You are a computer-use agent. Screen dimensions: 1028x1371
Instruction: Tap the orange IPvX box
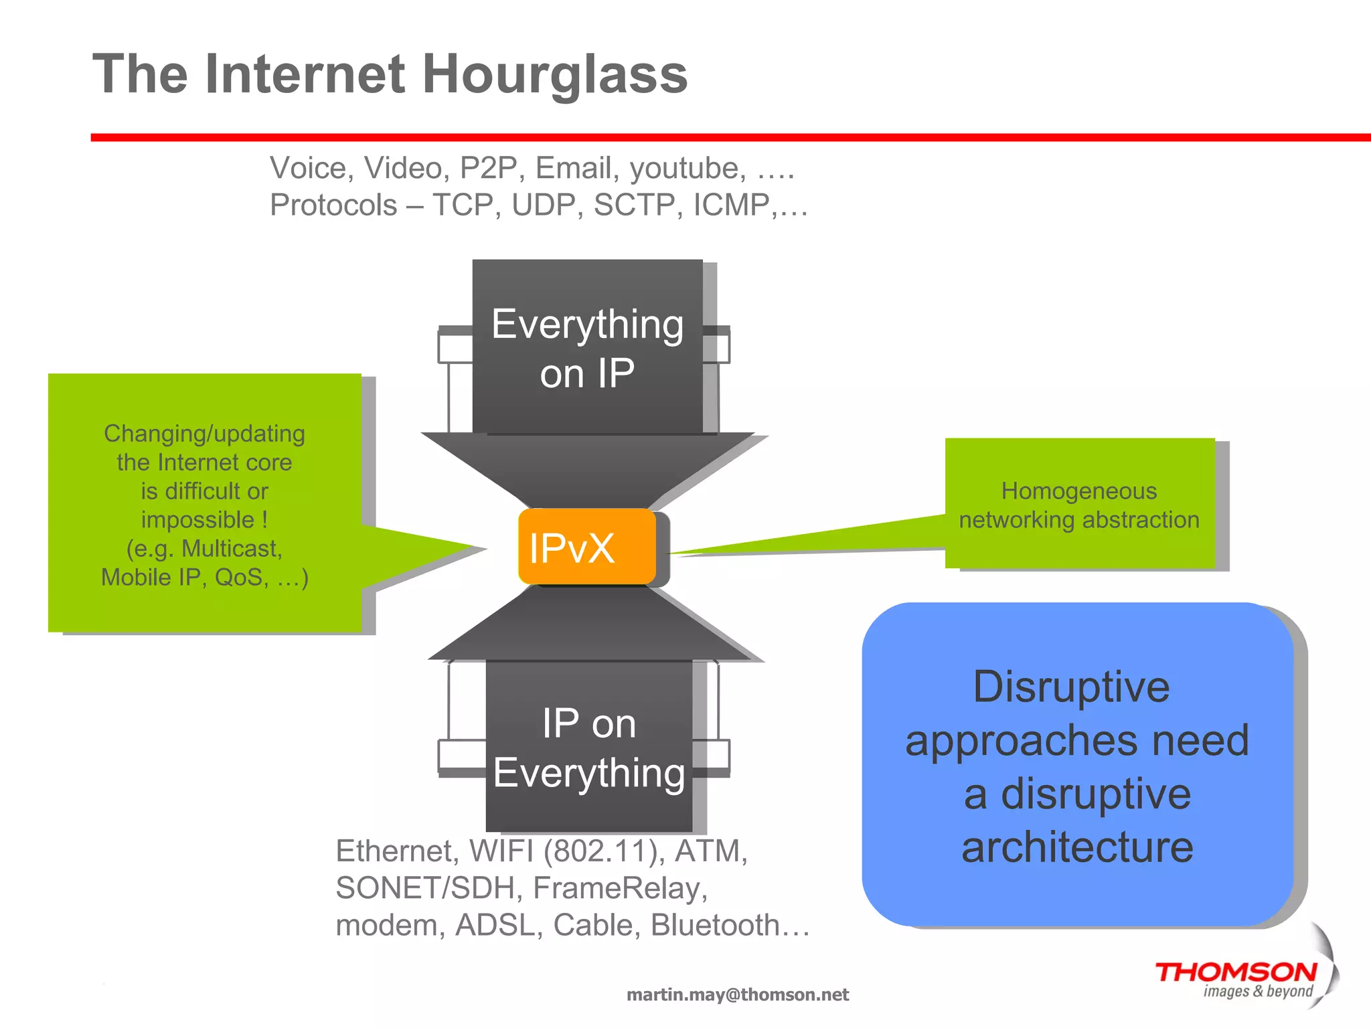coord(586,547)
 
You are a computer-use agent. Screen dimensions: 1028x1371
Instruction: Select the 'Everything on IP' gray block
coord(587,347)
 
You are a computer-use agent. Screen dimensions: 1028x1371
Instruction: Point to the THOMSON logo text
coord(1236,972)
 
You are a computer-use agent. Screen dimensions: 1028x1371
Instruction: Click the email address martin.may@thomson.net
coord(737,995)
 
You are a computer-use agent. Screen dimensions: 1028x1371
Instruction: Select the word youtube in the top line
coord(687,168)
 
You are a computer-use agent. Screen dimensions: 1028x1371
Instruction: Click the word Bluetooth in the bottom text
coord(715,925)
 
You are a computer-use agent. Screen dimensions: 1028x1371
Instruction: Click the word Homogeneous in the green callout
coord(1078,491)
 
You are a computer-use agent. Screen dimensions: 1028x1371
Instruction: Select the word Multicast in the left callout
coord(232,549)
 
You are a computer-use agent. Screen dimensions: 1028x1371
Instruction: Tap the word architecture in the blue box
coord(1077,847)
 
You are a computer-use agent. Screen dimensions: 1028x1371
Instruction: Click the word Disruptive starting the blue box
coord(1071,687)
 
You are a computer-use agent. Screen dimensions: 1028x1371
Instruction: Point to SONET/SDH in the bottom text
coord(428,888)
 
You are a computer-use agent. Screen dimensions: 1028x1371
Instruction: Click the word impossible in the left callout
coord(197,520)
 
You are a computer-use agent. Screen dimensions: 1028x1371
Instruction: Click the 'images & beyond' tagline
coord(1258,991)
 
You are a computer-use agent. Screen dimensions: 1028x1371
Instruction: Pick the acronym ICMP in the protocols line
coord(731,205)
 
